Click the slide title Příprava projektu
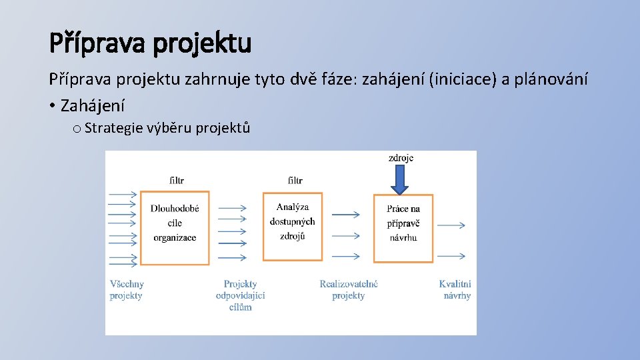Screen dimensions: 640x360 click(150, 43)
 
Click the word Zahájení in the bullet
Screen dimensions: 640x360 click(92, 105)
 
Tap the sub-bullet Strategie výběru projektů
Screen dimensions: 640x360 click(167, 128)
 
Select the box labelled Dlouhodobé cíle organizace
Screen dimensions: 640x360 click(175, 223)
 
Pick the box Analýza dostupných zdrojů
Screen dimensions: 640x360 click(292, 222)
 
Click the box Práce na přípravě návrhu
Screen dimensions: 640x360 click(403, 223)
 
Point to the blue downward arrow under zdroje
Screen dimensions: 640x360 click(399, 179)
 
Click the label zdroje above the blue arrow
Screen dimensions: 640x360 click(401, 158)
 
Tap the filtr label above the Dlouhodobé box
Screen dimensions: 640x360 click(176, 180)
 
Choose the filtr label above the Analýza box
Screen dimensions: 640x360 click(295, 180)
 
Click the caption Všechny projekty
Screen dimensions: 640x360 click(127, 290)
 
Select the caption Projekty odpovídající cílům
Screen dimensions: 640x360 click(240, 295)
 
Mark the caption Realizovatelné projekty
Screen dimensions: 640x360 click(348, 290)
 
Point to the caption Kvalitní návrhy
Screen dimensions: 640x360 click(456, 290)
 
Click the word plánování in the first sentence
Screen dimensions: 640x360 click(551, 80)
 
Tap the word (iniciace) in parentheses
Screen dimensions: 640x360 click(463, 80)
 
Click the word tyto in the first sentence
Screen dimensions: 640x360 click(269, 80)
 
